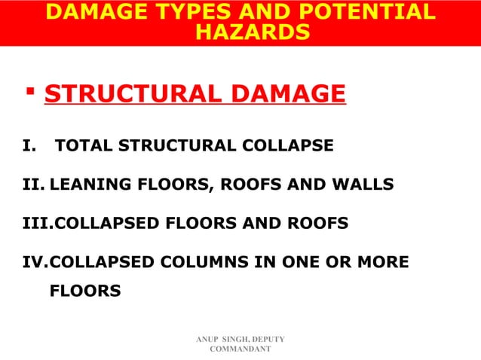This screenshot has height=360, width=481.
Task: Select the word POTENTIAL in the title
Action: coord(364,12)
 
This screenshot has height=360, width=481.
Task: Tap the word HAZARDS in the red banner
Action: coord(252,32)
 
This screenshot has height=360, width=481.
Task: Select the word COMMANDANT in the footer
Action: coord(240,352)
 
